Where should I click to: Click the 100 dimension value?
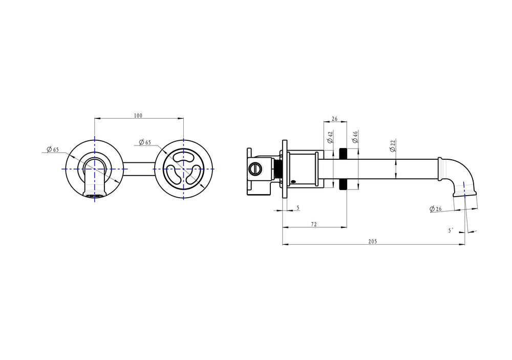138,116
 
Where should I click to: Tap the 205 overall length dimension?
373,241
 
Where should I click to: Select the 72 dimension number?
314,224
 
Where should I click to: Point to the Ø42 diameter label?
330,137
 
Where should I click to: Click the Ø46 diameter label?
355,137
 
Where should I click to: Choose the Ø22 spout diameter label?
393,145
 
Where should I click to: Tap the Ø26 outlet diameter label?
436,209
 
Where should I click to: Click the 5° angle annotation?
451,230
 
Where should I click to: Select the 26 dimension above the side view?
335,119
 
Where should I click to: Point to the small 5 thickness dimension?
298,208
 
